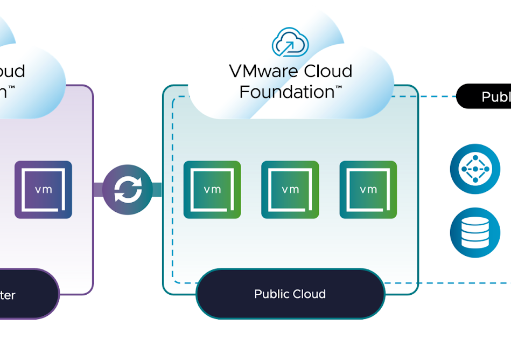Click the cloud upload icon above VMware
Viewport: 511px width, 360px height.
tap(290, 43)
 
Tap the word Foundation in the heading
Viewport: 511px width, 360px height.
tap(286, 92)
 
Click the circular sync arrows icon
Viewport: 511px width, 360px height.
tap(127, 190)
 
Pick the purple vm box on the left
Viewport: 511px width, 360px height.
tap(43, 190)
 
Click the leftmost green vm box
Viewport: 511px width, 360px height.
tap(212, 190)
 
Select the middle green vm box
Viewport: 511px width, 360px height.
tap(290, 190)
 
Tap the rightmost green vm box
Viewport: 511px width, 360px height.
tap(368, 190)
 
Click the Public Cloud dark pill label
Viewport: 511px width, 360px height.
tap(290, 294)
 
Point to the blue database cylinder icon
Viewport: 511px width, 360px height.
tap(475, 232)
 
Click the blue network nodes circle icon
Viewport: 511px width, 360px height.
tap(475, 169)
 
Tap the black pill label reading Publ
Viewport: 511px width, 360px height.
tap(485, 96)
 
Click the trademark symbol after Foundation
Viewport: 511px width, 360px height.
tap(339, 88)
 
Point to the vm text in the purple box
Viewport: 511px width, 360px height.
tap(43, 189)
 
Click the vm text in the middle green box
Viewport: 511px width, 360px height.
tap(290, 189)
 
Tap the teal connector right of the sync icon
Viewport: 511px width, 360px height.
tap(156, 190)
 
